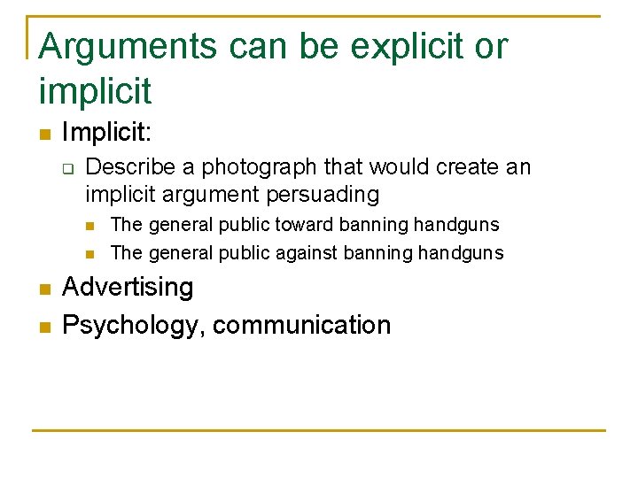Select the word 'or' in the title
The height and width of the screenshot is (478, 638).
point(490,46)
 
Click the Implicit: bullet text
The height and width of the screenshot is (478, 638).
point(107,134)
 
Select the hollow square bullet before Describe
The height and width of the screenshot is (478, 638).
point(67,167)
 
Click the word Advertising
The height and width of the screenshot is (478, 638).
point(128,287)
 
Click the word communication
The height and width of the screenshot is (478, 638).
point(301,325)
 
